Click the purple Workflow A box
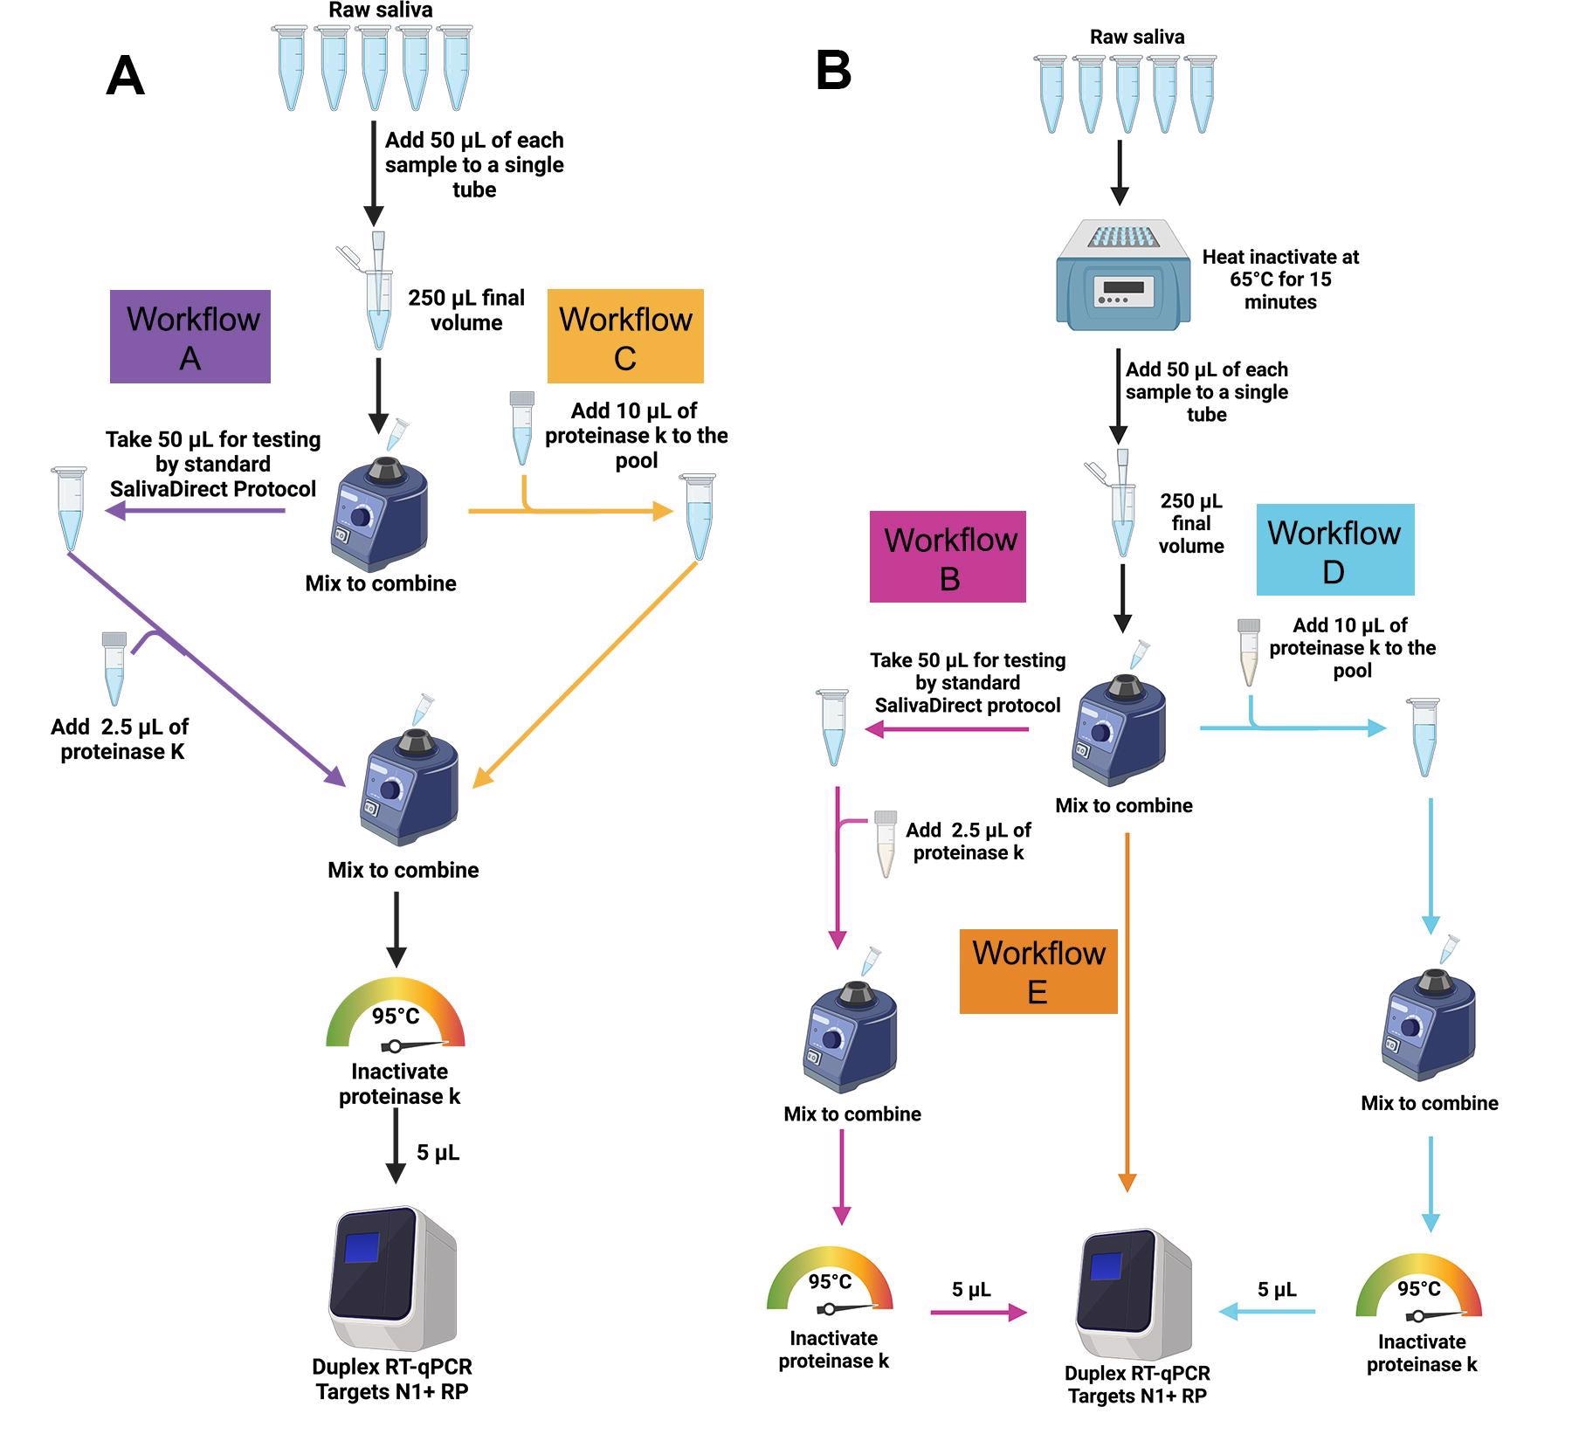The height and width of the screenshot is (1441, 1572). [190, 336]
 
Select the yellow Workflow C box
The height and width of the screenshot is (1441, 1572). [625, 336]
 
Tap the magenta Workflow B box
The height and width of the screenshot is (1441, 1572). [948, 557]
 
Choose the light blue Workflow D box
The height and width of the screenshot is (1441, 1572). [1334, 549]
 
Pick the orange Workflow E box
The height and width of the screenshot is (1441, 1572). [1038, 971]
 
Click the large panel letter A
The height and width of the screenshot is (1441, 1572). [125, 77]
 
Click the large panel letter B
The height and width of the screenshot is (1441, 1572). [833, 71]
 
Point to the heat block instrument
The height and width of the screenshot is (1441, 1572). [1123, 276]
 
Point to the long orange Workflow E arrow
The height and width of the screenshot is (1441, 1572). [1127, 1004]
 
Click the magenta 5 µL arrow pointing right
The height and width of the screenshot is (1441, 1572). [977, 1312]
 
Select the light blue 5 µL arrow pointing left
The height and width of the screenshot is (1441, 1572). [1267, 1311]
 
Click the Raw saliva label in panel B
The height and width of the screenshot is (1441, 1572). [1136, 37]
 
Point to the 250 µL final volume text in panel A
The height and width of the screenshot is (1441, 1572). [466, 310]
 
